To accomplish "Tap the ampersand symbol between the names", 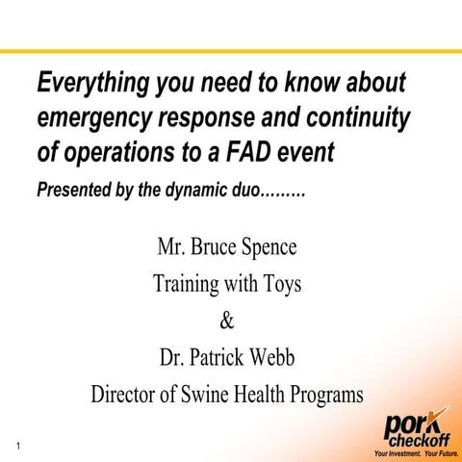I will click(227, 321).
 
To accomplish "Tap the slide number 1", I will click(19, 444).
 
